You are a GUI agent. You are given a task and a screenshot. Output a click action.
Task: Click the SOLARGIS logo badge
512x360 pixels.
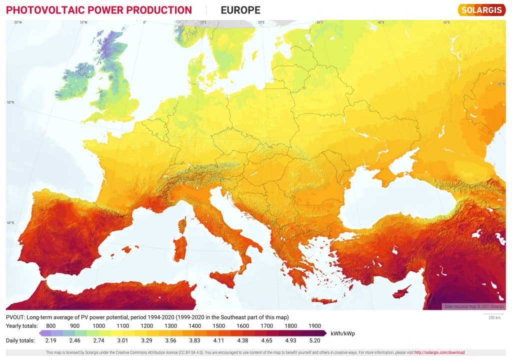[481, 10]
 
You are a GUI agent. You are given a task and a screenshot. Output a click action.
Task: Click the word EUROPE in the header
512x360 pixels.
[240, 10]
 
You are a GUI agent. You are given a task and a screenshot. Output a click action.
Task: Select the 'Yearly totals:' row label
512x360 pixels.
[20, 325]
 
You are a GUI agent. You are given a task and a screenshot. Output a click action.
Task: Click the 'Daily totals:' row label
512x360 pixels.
[20, 340]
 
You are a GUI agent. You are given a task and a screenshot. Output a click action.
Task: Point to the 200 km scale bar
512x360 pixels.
[494, 316]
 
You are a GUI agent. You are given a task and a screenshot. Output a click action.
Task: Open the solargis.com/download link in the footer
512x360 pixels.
[440, 352]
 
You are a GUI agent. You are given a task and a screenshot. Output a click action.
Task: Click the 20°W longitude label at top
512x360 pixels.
[18, 22]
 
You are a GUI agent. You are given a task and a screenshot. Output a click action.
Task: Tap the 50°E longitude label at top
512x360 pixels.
[446, 22]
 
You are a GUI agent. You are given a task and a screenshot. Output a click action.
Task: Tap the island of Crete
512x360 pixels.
[324, 301]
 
